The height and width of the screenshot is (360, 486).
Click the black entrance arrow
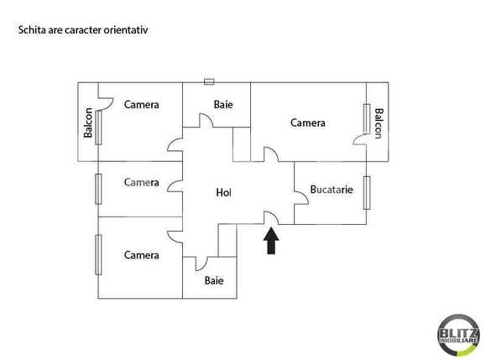[270, 242]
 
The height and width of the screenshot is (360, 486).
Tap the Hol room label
[223, 193]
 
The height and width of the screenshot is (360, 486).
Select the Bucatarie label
[331, 190]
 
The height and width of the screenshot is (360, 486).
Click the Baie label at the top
[223, 105]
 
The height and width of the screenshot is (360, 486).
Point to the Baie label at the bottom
[214, 280]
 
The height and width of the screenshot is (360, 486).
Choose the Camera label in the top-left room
[142, 105]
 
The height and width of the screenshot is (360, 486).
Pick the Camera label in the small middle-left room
[142, 182]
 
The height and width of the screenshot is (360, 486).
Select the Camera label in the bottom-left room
[142, 255]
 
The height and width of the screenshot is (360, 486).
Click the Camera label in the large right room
[308, 123]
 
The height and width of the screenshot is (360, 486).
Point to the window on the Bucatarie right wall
[367, 191]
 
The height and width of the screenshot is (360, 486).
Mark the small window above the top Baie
[209, 81]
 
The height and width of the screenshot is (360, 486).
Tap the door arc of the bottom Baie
[201, 263]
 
